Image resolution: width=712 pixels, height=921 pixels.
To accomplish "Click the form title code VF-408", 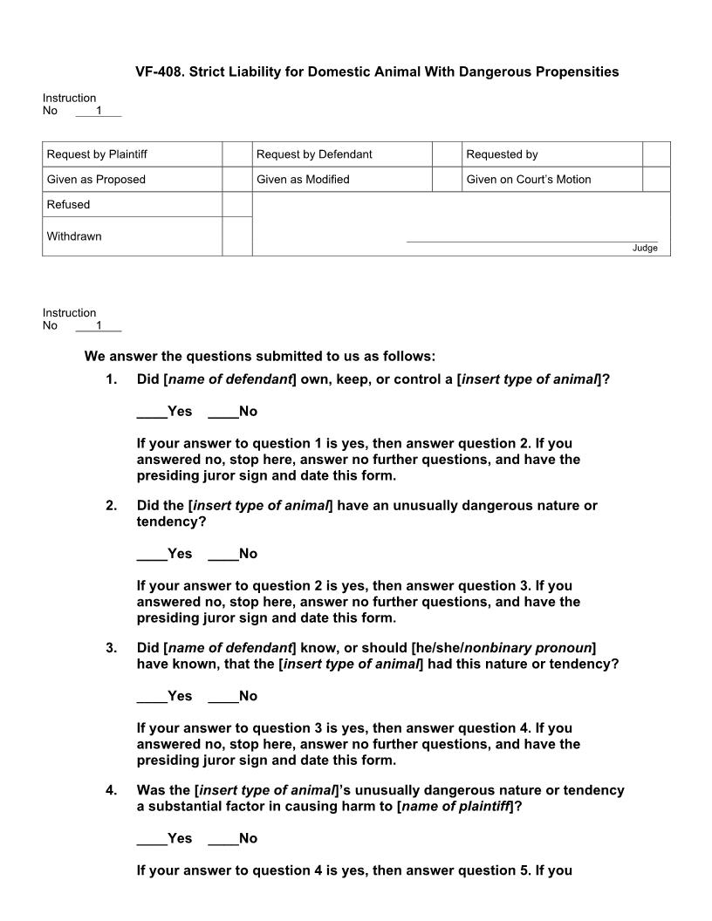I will [x=158, y=72].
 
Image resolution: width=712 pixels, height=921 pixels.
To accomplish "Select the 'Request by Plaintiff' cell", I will [x=97, y=154].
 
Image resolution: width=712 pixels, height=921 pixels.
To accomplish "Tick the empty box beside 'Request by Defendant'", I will [x=447, y=154].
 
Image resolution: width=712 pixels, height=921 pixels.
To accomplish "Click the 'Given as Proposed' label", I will [x=96, y=180].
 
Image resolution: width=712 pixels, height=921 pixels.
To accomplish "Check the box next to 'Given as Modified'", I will [x=447, y=180].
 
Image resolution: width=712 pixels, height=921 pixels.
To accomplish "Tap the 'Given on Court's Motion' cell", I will [x=529, y=180].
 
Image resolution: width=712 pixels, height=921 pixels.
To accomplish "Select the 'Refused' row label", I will [x=68, y=205].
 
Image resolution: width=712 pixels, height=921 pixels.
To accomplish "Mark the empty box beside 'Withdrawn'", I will [x=236, y=236].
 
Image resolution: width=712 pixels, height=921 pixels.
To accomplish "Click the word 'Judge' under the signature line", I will [x=645, y=249].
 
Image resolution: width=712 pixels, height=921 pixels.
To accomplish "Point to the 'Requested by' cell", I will [x=502, y=154].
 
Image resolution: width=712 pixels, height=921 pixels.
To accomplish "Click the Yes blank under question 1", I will [x=165, y=412].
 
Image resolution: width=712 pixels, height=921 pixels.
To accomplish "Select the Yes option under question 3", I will [x=165, y=696].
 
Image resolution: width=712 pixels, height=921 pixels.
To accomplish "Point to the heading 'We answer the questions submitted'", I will [x=259, y=356].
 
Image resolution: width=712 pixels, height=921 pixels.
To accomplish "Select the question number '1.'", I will [x=111, y=379].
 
